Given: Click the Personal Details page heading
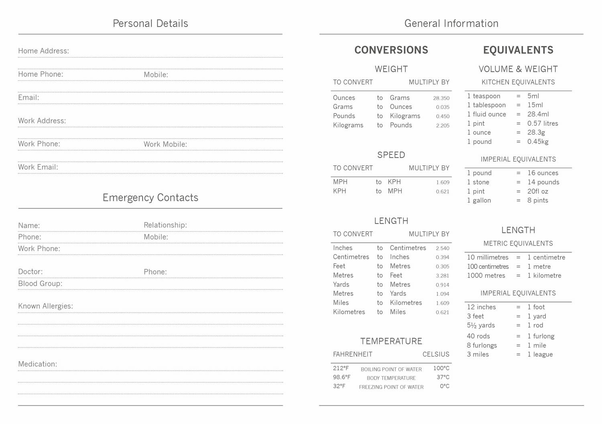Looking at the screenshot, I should (150, 24).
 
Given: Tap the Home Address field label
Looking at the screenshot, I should (43, 51).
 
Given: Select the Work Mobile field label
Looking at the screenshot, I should (165, 144).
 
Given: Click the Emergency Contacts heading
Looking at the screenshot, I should (150, 198).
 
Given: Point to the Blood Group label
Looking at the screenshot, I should (40, 284).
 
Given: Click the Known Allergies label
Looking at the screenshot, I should (45, 306).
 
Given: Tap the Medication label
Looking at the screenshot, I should (37, 364).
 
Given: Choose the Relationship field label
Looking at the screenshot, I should (165, 225).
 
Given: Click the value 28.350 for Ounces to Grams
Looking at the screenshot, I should (441, 98).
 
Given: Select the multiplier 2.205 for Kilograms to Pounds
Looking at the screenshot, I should (443, 126).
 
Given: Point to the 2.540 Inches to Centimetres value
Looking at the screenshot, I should (443, 248).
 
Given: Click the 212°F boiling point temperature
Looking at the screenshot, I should (341, 368).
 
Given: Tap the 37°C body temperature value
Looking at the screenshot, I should (443, 377).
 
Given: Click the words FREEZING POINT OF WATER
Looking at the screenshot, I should (391, 387).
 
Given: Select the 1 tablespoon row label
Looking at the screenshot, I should (486, 105).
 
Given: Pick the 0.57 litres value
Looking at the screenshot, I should (543, 124).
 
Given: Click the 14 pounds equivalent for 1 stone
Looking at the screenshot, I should (543, 182).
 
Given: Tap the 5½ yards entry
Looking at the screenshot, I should (481, 325).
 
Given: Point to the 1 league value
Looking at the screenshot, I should (540, 355).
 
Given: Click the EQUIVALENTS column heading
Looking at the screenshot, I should (518, 50).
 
